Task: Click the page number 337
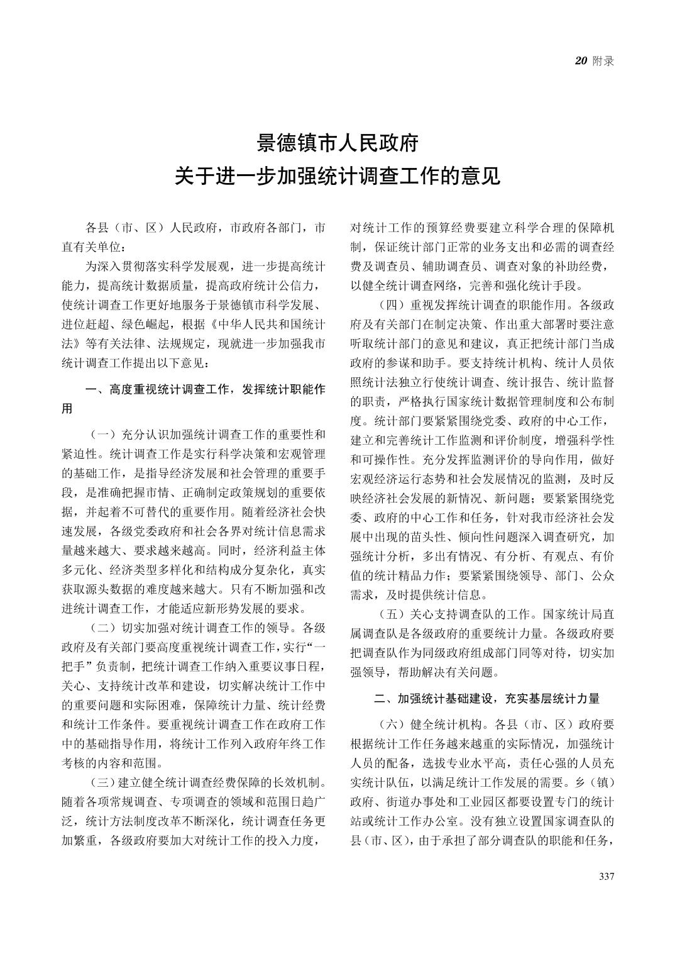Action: tap(606, 877)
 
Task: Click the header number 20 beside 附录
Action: tap(581, 61)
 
